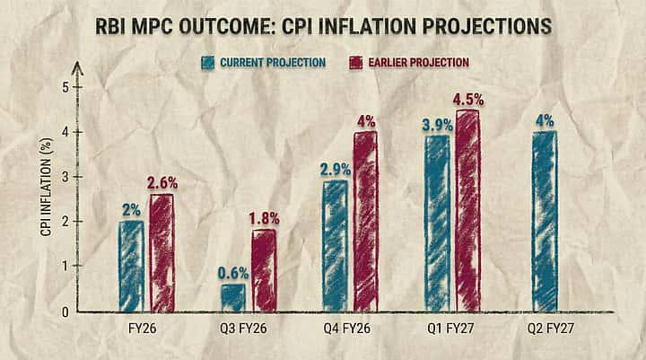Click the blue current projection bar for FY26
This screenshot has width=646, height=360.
132,266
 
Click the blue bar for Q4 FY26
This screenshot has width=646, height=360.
336,245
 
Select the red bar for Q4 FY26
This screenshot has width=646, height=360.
365,221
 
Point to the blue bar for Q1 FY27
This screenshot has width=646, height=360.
438,223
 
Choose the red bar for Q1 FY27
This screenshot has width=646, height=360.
467,210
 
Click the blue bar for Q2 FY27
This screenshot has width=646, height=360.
545,221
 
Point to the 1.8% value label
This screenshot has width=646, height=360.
265,218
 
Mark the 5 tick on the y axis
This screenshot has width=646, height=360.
64,87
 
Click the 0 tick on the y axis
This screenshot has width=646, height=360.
64,312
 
